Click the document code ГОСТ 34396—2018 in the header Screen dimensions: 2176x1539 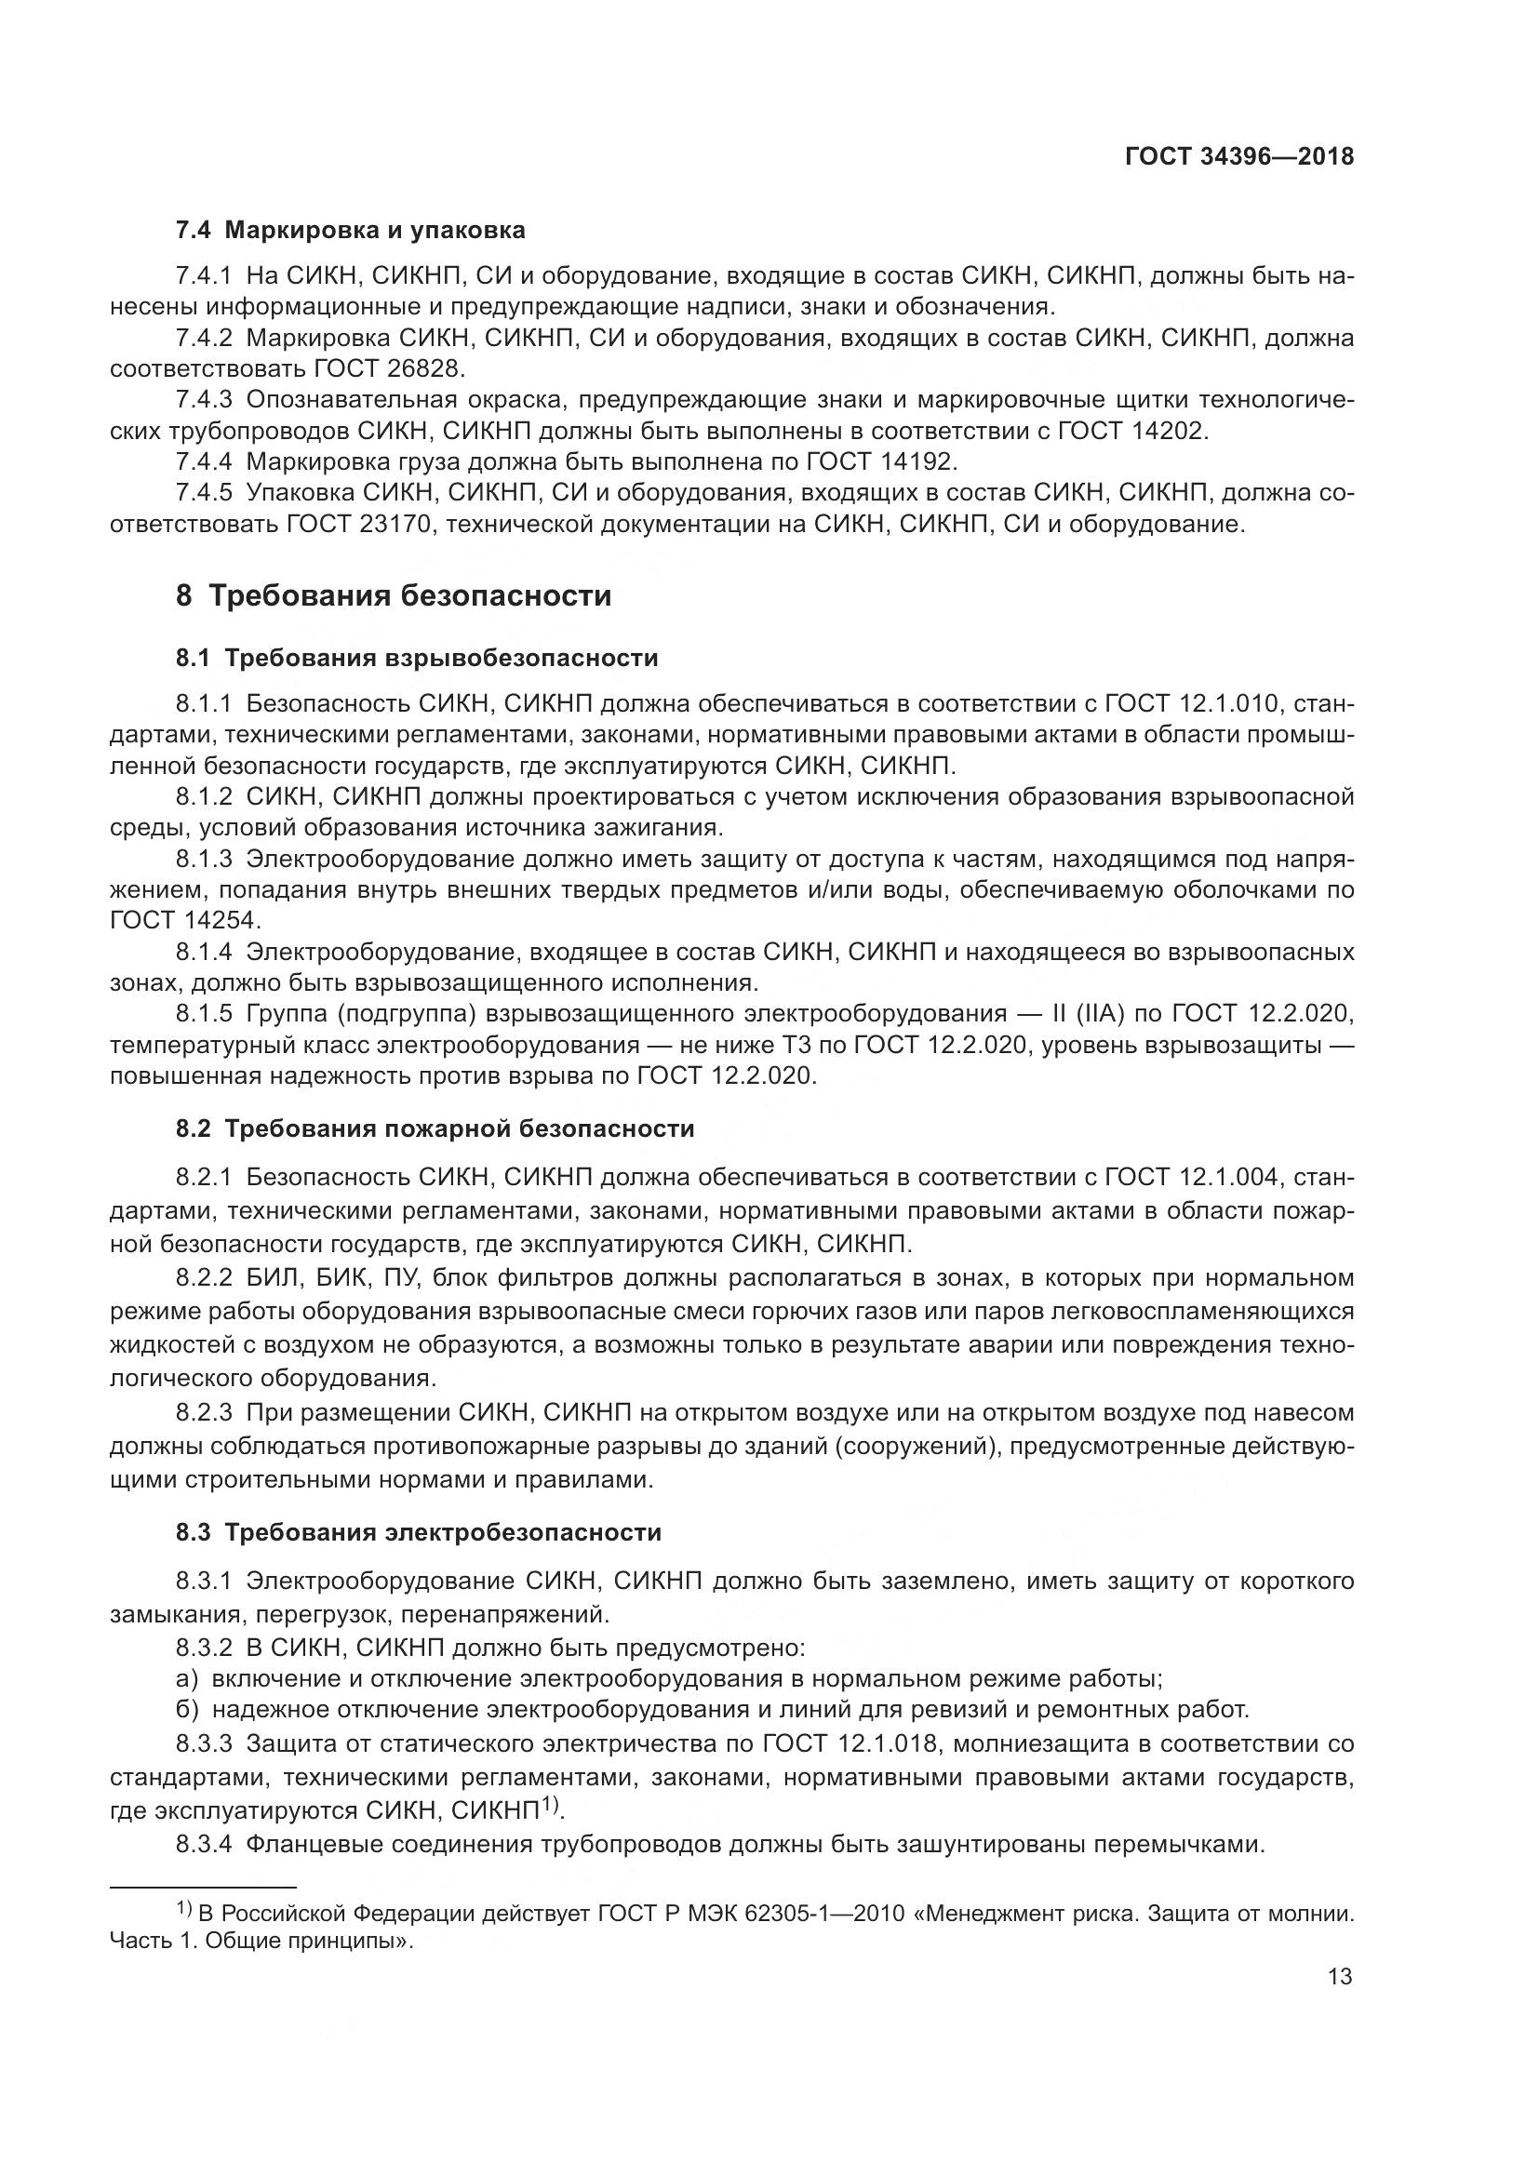coord(1238,157)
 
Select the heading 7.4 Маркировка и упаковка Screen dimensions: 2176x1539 coord(351,231)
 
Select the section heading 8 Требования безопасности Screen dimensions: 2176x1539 coord(394,596)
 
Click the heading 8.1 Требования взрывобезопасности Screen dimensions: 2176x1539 coord(417,658)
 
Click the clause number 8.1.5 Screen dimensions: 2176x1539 coord(204,1013)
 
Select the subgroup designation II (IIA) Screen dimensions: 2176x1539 coord(1087,1013)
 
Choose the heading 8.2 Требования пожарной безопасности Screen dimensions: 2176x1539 coord(435,1128)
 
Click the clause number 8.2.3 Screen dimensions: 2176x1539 coord(204,1413)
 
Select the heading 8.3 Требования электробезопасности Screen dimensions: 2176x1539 coord(419,1532)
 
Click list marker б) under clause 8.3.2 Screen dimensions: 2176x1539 coord(187,1710)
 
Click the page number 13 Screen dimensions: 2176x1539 coord(1340,1977)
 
